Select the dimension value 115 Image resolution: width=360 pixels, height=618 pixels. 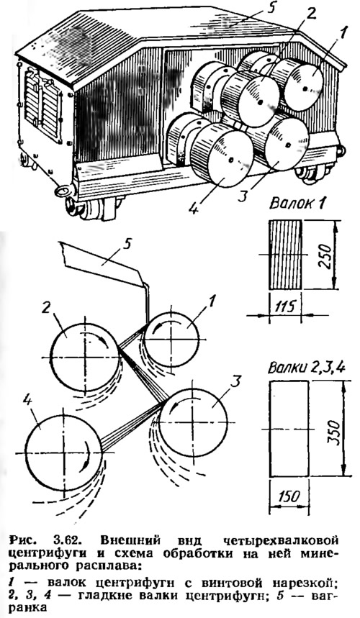pos(284,306)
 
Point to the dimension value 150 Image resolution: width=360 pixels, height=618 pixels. pos(289,495)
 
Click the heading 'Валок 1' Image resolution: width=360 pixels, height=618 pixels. pos(297,204)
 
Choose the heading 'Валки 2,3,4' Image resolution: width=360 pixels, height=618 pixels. pos(307,369)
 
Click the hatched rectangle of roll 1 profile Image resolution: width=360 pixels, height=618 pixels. pos(284,255)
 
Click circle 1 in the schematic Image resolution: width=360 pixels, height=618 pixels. pos(171,312)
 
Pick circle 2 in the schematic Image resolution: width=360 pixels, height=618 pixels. pos(85,323)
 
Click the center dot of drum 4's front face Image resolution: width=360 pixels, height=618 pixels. pos(231,160)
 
